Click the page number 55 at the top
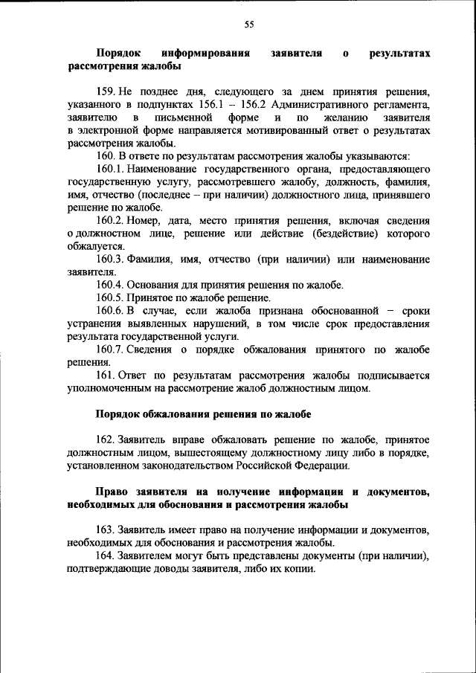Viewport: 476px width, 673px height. click(x=249, y=25)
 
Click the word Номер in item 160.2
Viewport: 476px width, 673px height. click(x=141, y=221)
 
